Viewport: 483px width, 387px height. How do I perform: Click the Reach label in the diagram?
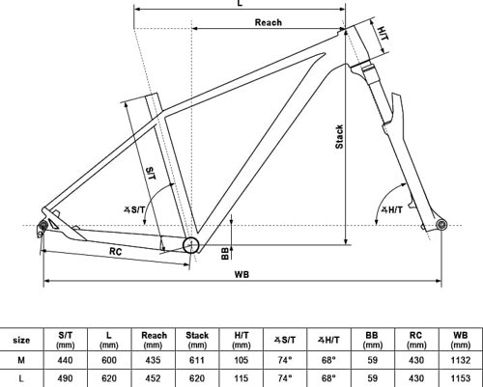point(269,22)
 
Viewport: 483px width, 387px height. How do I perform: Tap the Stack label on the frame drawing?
point(339,137)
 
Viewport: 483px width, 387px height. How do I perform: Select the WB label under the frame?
point(241,274)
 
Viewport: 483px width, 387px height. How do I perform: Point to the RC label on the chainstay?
point(115,251)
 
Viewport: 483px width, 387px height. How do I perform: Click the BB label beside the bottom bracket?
point(225,253)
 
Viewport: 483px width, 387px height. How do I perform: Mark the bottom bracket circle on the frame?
point(191,245)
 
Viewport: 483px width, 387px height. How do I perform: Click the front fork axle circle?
point(441,224)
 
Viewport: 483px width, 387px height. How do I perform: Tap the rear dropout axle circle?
point(43,226)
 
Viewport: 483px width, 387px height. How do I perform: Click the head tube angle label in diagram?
point(392,210)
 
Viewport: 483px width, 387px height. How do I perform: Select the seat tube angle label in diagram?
point(134,210)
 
